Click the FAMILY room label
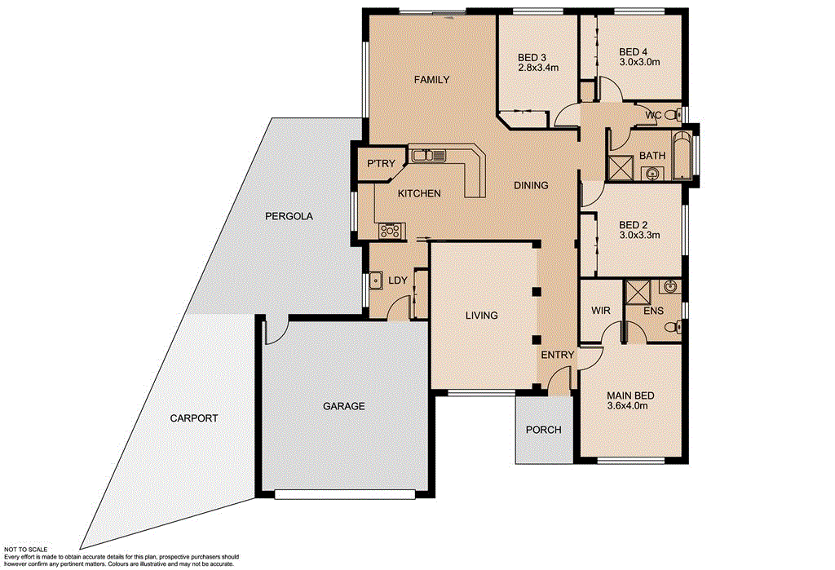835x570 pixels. [x=431, y=80]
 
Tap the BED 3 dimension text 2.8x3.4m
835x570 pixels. [x=538, y=68]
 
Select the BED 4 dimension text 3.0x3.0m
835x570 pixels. [x=639, y=61]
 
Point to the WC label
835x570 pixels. [x=653, y=116]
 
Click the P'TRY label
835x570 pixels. [x=381, y=164]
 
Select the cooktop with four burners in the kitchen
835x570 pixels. [x=391, y=231]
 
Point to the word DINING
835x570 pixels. [x=530, y=185]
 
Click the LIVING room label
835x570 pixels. [x=481, y=316]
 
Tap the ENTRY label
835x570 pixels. [x=559, y=355]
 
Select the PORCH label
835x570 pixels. [x=543, y=430]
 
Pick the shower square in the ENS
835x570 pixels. [x=636, y=292]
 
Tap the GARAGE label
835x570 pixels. [x=343, y=405]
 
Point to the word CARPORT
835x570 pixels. [x=194, y=418]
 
